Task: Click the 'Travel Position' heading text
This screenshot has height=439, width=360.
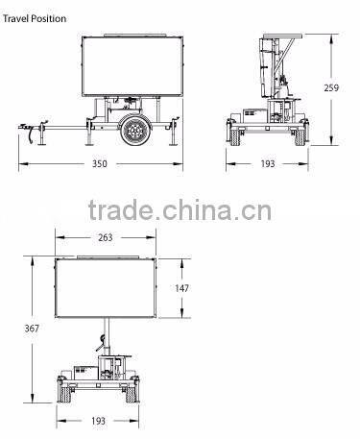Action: pos(35,18)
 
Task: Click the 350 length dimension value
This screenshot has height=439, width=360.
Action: pos(100,163)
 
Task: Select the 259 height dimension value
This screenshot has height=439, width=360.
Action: pos(331,87)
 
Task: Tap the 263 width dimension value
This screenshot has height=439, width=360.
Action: pos(106,237)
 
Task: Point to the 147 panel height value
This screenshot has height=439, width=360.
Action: pos(181,288)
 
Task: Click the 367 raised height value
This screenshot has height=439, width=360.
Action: pos(32,329)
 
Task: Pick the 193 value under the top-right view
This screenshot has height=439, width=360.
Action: pos(268,163)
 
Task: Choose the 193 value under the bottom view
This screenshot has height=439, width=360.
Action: pos(98,421)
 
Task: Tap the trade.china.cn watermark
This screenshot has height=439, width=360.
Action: pos(180,210)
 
